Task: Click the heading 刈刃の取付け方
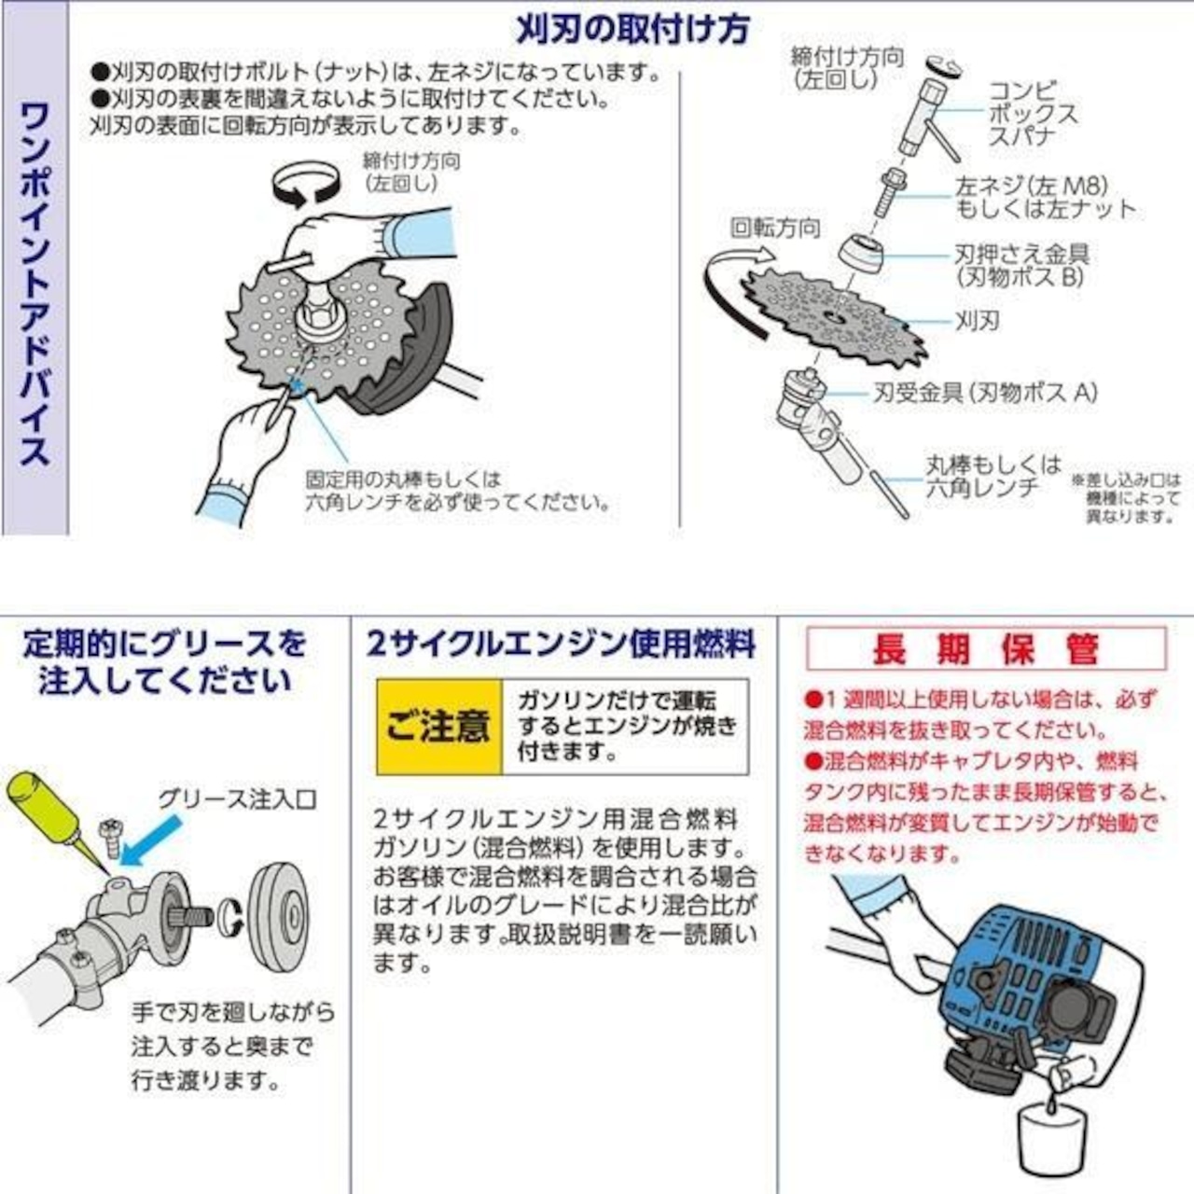(632, 29)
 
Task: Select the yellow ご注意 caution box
(438, 726)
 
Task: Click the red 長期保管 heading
(985, 648)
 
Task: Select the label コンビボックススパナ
(1032, 114)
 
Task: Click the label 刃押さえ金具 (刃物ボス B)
(1020, 265)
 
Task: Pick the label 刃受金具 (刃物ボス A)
(984, 393)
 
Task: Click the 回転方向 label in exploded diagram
(774, 229)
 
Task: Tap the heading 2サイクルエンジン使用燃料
(561, 644)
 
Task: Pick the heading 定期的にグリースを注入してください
(165, 661)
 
